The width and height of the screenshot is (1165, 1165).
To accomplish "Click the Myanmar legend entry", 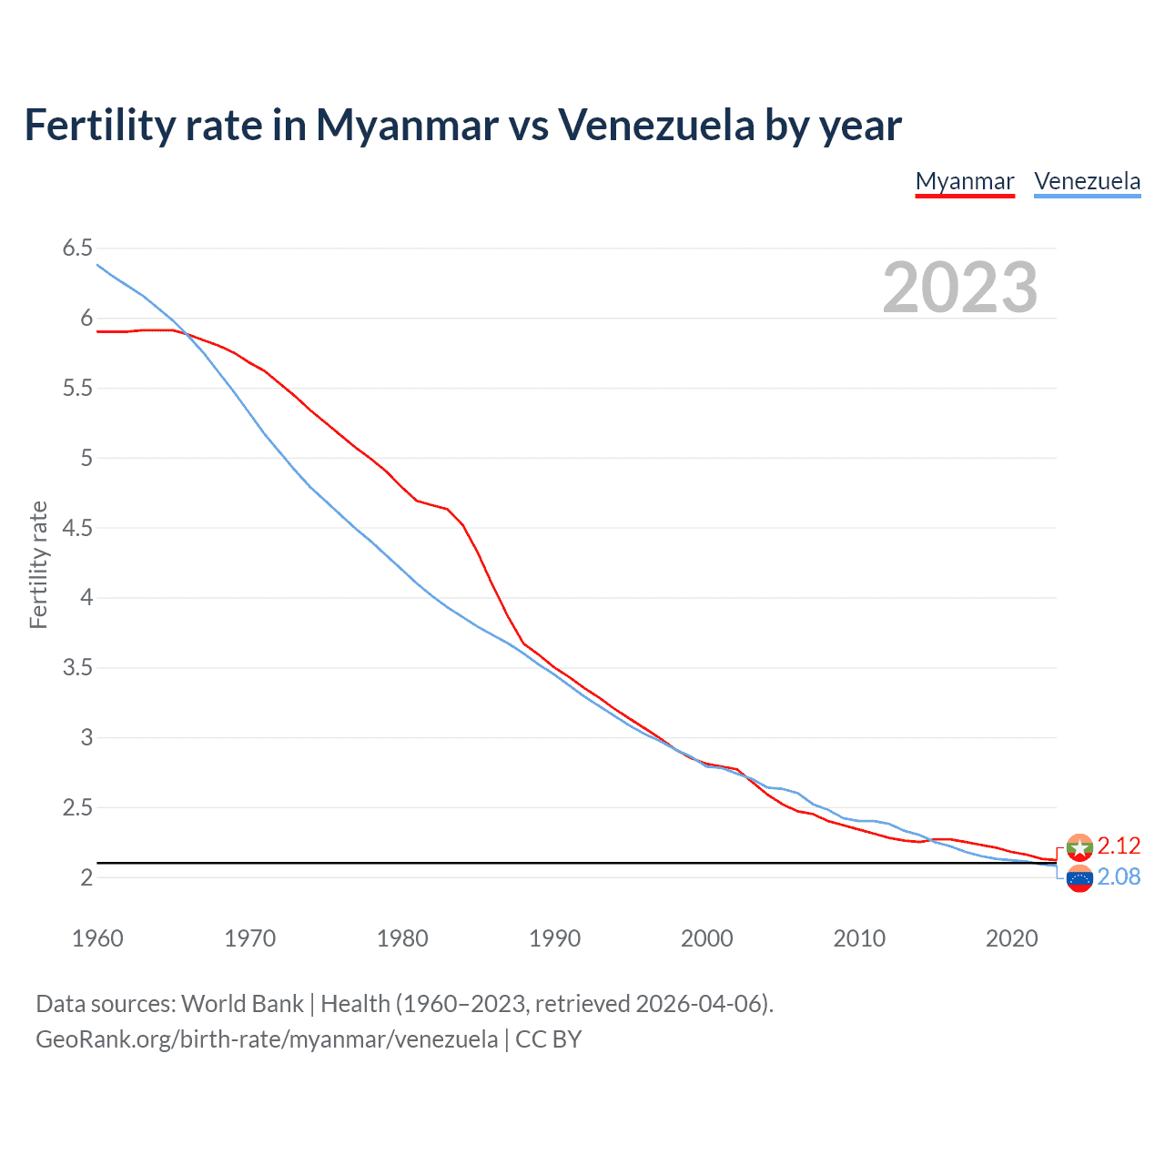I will pyautogui.click(x=964, y=181).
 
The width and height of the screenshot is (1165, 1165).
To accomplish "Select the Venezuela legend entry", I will pyautogui.click(x=1087, y=181).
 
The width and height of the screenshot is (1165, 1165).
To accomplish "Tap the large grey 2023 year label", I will pyautogui.click(x=959, y=288).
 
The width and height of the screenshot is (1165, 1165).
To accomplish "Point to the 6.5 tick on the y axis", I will pyautogui.click(x=77, y=248).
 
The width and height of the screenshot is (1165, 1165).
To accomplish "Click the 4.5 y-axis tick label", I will pyautogui.click(x=77, y=528).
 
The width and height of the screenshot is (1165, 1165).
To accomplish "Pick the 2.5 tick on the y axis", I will pyautogui.click(x=77, y=807).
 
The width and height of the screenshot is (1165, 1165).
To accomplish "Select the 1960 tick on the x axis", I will pyautogui.click(x=97, y=938).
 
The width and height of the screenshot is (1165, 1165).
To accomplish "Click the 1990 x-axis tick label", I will pyautogui.click(x=554, y=938).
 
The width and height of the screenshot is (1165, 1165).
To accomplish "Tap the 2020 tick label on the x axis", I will pyautogui.click(x=1011, y=938).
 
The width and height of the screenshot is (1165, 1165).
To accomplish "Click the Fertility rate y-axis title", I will pyautogui.click(x=38, y=564).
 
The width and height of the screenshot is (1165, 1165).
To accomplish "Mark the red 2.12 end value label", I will pyautogui.click(x=1119, y=846).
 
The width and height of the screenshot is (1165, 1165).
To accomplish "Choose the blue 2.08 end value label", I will pyautogui.click(x=1119, y=876).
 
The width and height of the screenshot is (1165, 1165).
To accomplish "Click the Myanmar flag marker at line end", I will pyautogui.click(x=1079, y=847).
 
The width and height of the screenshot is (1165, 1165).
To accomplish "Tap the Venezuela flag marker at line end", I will pyautogui.click(x=1079, y=879).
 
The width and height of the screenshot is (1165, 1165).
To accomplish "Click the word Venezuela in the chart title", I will pyautogui.click(x=655, y=125).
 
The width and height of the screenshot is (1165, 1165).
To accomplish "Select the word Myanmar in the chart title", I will pyautogui.click(x=407, y=125).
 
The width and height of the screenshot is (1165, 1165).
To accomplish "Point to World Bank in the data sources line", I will pyautogui.click(x=242, y=1004).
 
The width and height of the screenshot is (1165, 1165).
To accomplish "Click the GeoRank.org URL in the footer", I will pyautogui.click(x=267, y=1039).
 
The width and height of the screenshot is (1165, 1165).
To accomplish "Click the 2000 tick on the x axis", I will pyautogui.click(x=706, y=938).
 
